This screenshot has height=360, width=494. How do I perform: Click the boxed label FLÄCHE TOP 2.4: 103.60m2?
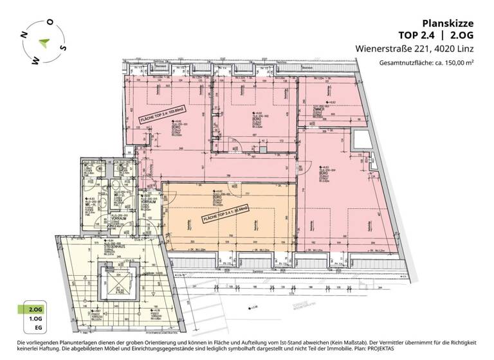162,115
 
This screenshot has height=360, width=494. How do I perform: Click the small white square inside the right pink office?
359,138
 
